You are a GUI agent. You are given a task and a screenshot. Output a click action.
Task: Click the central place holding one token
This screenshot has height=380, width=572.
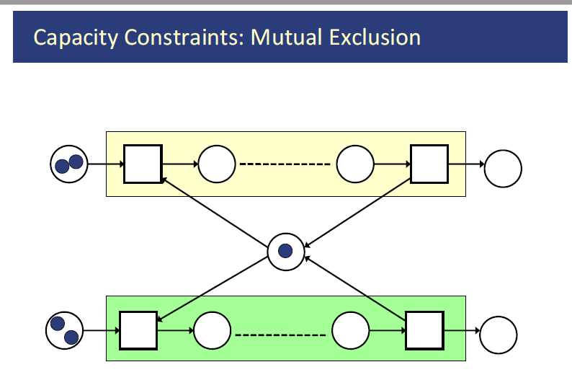pyautogui.click(x=286, y=251)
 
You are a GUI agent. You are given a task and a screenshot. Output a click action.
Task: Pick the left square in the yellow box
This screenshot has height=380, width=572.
pyautogui.click(x=143, y=164)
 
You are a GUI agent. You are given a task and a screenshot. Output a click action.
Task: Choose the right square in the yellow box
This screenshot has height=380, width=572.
pyautogui.click(x=429, y=164)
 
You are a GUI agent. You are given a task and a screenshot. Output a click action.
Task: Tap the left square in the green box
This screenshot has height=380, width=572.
pyautogui.click(x=138, y=330)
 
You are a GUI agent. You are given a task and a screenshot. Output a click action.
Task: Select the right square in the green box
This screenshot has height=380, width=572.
pyautogui.click(x=425, y=330)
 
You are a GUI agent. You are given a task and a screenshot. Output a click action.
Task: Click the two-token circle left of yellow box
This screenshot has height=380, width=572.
pyautogui.click(x=68, y=164)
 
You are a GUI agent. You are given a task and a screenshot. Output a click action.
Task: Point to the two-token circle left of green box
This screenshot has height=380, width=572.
pyautogui.click(x=64, y=330)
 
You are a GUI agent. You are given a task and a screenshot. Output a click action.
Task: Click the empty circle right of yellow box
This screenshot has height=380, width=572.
pyautogui.click(x=503, y=169)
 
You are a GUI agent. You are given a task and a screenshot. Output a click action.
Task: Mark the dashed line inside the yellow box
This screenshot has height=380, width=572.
pyautogui.click(x=285, y=164)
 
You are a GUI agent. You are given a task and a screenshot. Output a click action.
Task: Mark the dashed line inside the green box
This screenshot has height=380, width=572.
pyautogui.click(x=281, y=334)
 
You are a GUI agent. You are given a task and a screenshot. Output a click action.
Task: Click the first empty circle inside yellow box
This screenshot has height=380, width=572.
pyautogui.click(x=217, y=164)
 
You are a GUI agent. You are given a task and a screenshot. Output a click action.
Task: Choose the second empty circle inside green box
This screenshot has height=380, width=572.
pyautogui.click(x=351, y=330)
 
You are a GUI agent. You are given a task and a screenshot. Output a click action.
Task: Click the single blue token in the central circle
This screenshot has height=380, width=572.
pyautogui.click(x=286, y=251)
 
